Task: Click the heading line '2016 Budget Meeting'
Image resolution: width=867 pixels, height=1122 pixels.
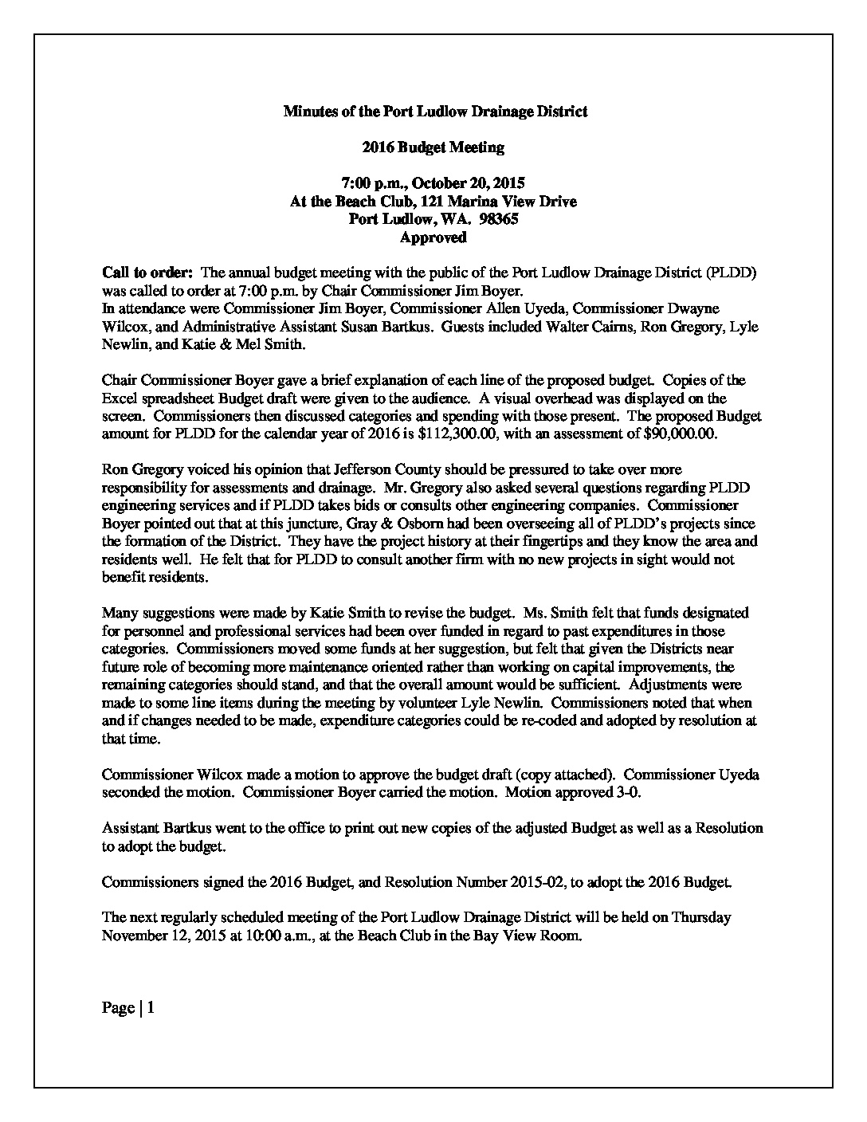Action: click(x=433, y=147)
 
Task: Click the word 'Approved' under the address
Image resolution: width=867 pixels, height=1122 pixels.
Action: click(x=433, y=237)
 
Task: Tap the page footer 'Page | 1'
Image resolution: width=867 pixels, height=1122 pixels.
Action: click(x=128, y=1008)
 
